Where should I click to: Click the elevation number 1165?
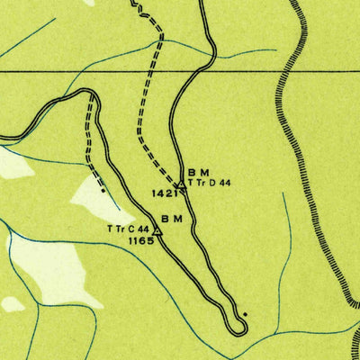141,241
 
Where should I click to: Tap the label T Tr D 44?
210,183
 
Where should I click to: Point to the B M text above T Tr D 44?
198,172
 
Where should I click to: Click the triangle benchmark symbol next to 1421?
181,184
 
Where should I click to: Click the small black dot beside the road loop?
245,314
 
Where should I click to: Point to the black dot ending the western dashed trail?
103,191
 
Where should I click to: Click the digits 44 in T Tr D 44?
225,183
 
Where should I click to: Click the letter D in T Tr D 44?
213,183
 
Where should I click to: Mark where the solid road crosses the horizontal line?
208,69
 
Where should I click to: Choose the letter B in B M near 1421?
193,172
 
